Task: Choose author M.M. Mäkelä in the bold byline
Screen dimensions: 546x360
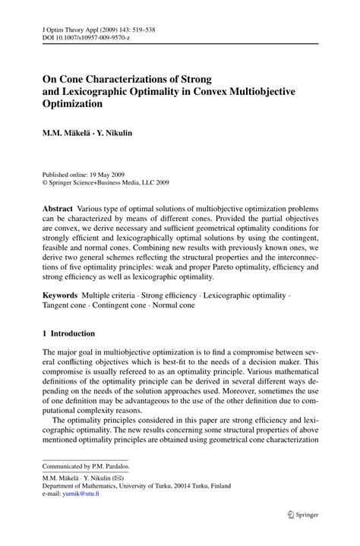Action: pyautogui.click(x=69, y=132)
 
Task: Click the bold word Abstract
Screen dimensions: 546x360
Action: pyautogui.click(x=58, y=208)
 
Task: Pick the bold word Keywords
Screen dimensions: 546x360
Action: pyautogui.click(x=62, y=292)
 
